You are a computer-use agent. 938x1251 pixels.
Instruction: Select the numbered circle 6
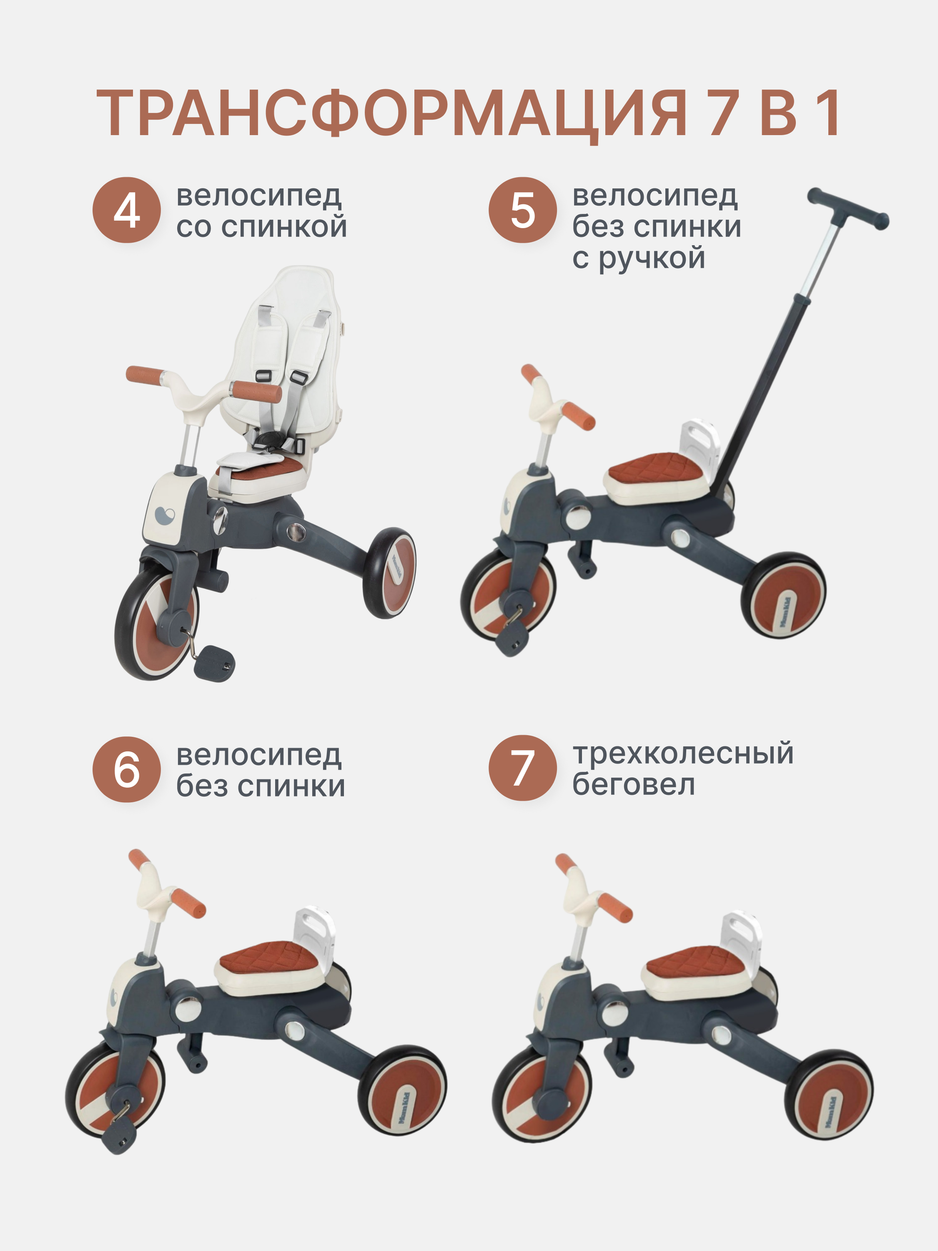(x=127, y=769)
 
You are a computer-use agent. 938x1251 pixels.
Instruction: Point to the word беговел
(x=633, y=784)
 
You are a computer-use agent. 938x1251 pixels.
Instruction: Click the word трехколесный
(x=683, y=754)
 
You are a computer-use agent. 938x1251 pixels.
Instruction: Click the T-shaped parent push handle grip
(x=848, y=208)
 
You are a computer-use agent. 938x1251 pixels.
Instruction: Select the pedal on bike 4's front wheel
(x=214, y=663)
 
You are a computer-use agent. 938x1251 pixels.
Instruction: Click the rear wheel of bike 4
(x=389, y=573)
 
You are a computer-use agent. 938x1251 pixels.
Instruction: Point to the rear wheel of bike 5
(x=784, y=595)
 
